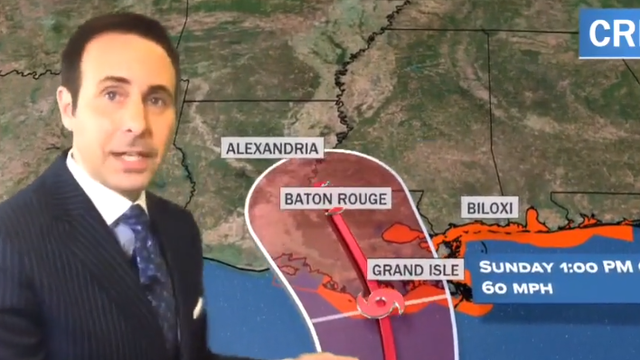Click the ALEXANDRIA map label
[273, 149]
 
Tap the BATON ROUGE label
[335, 199]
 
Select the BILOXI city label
[489, 209]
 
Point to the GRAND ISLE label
[415, 270]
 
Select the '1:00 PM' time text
[589, 267]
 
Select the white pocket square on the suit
[198, 308]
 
